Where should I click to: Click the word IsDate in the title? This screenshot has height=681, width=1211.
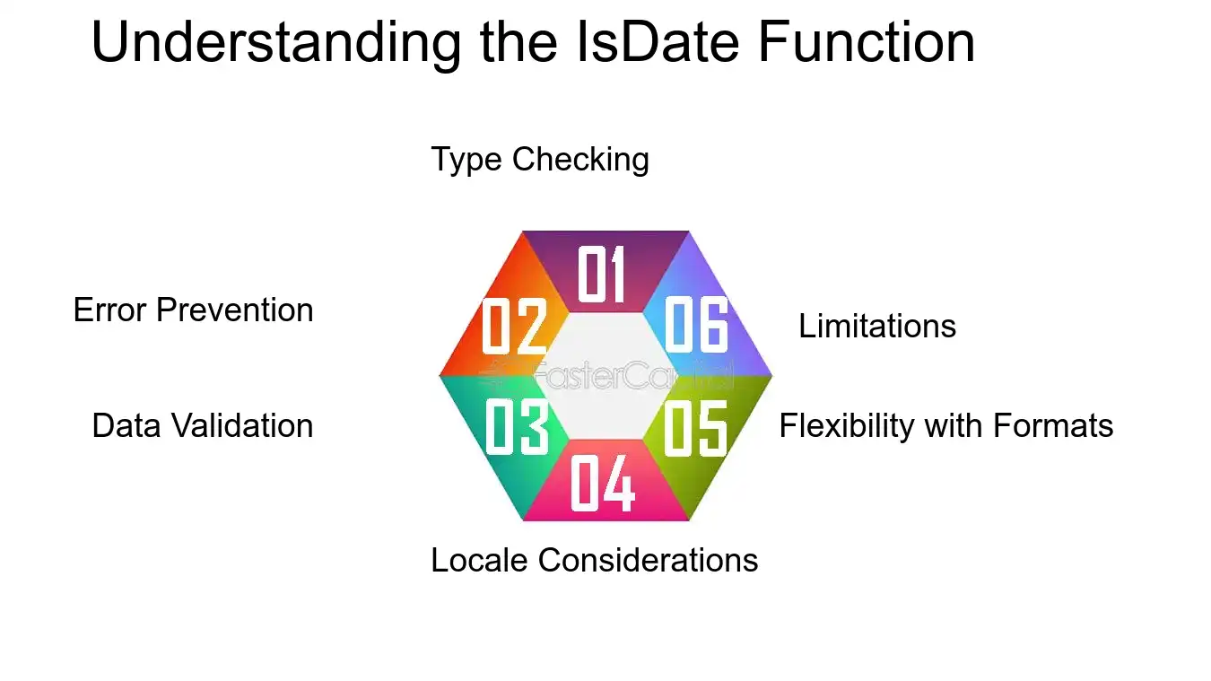[658, 42]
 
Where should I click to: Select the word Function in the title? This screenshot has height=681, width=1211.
[867, 42]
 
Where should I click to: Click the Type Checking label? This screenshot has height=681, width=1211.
[540, 160]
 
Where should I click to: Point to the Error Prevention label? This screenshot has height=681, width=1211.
[194, 310]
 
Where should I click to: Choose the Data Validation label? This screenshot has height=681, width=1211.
[203, 425]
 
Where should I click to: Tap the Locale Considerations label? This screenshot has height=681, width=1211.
[595, 559]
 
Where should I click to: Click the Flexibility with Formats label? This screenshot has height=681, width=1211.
[946, 425]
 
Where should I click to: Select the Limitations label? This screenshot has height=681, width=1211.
[877, 326]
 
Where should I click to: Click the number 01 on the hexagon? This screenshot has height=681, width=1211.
[602, 274]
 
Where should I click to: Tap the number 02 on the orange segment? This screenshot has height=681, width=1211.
[514, 326]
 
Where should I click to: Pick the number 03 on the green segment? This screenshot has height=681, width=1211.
[518, 427]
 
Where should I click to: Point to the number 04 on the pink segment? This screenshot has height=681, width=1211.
[603, 483]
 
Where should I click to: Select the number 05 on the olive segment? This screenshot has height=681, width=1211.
[695, 428]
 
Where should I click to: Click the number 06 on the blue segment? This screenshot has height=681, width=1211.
[696, 325]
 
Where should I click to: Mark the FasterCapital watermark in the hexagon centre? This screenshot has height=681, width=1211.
[606, 374]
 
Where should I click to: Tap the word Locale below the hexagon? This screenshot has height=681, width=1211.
[479, 559]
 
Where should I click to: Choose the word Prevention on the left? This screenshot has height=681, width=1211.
[235, 310]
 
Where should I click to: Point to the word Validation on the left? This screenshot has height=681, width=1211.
[243, 425]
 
